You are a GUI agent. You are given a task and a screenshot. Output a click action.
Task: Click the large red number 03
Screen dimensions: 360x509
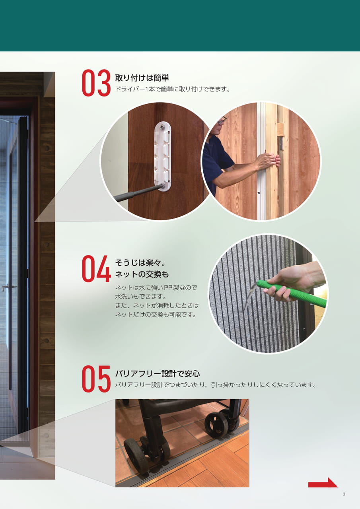[96, 83]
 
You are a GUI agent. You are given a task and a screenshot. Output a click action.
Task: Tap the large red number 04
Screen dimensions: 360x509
[96, 268]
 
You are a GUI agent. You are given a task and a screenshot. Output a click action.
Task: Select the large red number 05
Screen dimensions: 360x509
[96, 379]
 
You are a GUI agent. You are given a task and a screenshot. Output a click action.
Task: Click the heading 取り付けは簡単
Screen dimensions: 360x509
[142, 78]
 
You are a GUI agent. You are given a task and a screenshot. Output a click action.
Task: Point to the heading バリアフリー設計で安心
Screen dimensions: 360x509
[158, 373]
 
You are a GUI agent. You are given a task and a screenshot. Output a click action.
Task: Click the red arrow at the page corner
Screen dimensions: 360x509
[323, 482]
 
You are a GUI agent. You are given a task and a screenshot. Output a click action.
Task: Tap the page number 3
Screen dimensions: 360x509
[344, 494]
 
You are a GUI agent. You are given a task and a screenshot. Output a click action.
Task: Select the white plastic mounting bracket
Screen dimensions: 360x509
[163, 157]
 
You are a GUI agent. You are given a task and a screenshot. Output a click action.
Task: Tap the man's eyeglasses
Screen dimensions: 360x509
[222, 120]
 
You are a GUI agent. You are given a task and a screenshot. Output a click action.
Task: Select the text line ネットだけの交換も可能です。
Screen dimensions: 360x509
[156, 315]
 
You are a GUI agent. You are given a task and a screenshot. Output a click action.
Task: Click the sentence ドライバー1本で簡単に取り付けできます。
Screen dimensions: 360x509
[173, 89]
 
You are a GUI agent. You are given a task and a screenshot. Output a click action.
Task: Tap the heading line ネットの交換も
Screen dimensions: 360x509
[142, 274]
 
